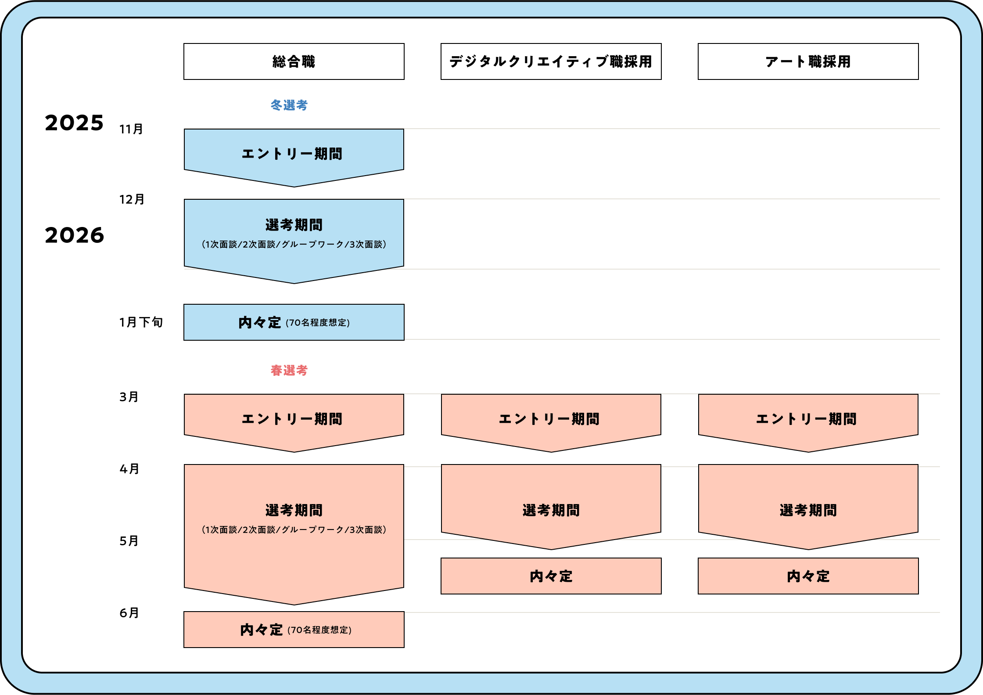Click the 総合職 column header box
point(294,61)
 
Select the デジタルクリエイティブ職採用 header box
point(551,61)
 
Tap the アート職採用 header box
point(808,61)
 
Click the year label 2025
point(74,123)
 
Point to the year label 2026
point(75,235)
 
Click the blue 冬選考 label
point(289,105)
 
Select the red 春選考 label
point(289,371)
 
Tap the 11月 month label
point(131,129)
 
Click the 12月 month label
point(132,199)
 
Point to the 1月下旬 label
point(141,322)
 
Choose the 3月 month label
point(129,397)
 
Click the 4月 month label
point(129,469)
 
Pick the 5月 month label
point(129,541)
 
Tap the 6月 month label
point(129,613)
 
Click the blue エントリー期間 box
point(294,154)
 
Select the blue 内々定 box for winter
point(294,322)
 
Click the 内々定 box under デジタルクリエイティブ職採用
point(551,576)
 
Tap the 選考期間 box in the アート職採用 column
point(808,505)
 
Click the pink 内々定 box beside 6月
point(294,630)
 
